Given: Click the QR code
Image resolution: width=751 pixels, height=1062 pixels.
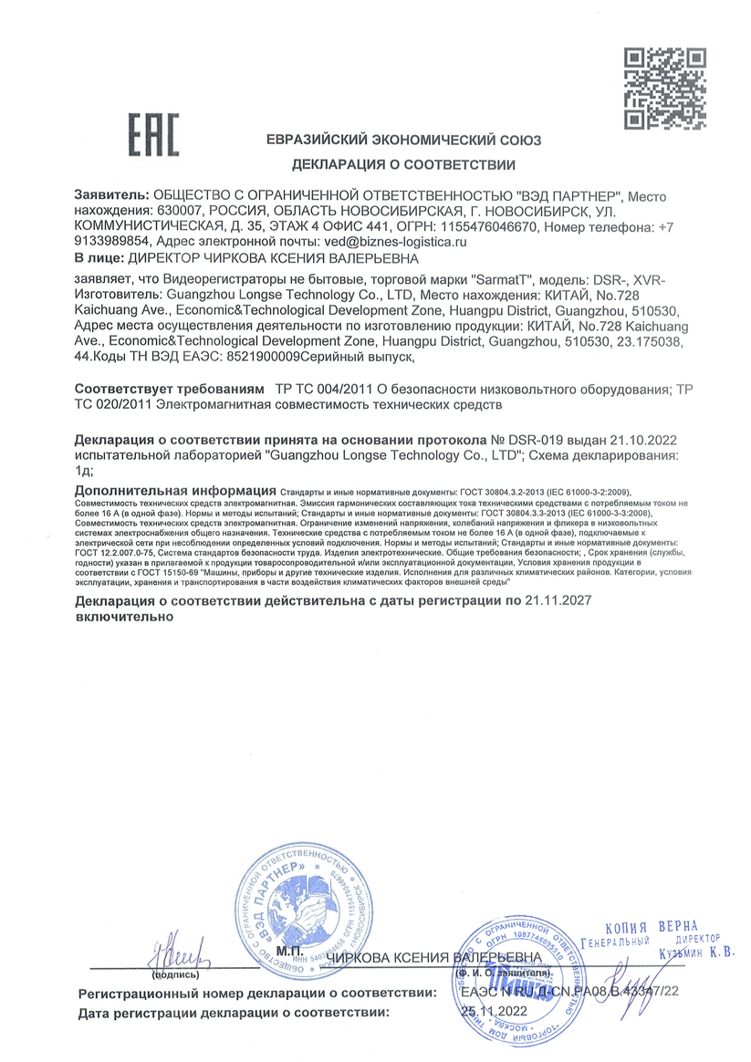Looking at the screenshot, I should [x=671, y=89].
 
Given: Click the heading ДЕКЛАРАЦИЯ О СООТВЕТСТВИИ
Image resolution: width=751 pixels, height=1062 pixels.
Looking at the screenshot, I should [x=403, y=165].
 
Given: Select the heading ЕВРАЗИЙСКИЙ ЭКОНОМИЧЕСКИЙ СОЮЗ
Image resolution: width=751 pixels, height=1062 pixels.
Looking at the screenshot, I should [x=403, y=141].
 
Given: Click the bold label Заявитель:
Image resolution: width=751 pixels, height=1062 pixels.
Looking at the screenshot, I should [x=110, y=196].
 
